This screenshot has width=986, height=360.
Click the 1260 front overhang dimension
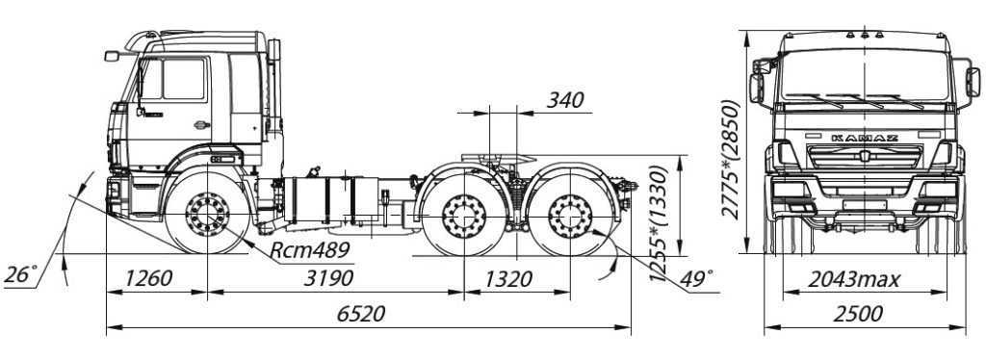pos(147,278)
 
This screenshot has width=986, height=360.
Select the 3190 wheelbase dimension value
pos(328,278)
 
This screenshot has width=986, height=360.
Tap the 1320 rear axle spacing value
pos(508,278)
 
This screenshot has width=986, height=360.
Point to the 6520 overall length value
pos(360,314)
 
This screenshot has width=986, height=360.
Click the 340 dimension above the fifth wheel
pos(565,100)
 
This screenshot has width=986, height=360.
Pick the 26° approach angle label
pos(20,274)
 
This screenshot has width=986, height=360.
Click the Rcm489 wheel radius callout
pos(309,250)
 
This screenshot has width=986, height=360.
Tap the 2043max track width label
pos(853,279)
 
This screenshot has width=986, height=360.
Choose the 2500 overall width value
pos(858,314)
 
